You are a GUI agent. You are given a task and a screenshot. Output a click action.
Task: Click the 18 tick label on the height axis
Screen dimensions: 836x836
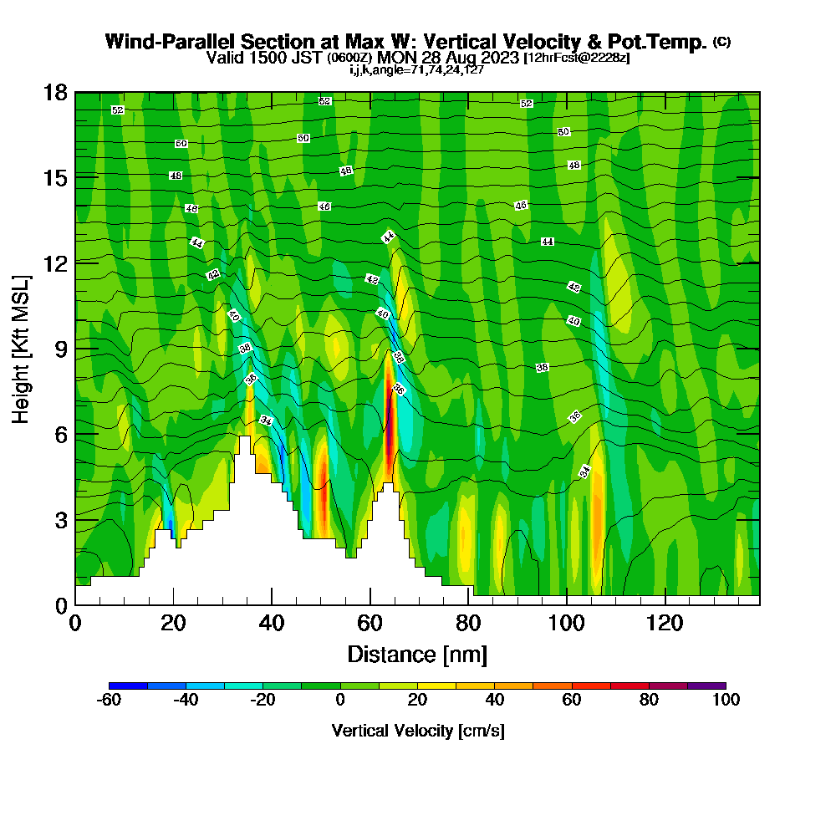[55, 92]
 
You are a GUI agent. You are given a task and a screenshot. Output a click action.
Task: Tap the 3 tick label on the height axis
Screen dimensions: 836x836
[61, 519]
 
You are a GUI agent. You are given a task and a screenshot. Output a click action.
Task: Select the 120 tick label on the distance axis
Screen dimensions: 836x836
[665, 623]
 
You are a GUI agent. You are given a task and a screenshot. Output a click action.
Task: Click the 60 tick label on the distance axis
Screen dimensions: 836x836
[370, 623]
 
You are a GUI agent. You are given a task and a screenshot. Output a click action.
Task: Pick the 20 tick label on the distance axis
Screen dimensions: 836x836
[173, 623]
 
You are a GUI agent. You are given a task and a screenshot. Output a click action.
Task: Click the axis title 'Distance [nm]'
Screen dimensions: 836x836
[417, 654]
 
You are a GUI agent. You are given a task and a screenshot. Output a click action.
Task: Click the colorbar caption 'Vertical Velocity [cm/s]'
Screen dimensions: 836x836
[418, 731]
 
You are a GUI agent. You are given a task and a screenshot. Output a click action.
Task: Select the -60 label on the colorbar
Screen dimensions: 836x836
[109, 701]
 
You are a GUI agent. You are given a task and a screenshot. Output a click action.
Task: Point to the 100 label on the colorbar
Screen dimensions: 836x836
[726, 701]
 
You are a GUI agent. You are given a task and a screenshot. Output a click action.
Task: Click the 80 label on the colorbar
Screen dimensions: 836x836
[649, 701]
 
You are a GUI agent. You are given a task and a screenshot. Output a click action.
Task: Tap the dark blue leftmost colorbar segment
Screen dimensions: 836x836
[128, 686]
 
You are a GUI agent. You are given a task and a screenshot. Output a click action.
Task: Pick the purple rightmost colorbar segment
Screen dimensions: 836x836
[706, 686]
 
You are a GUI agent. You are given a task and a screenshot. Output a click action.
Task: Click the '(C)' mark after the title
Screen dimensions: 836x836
[721, 42]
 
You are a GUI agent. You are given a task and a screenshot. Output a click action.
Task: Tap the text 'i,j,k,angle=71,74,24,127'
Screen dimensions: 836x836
[417, 69]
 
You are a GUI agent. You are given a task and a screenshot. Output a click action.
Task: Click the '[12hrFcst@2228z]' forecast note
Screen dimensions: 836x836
[576, 59]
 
